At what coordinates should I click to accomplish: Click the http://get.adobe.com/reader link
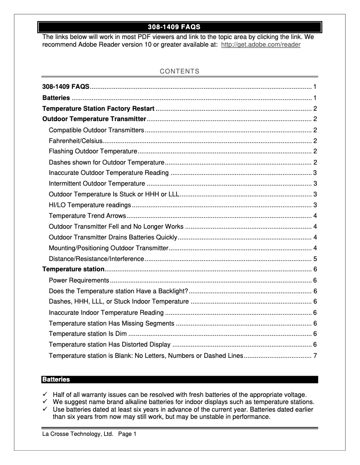[261, 45]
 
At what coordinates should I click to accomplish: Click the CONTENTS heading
[180, 71]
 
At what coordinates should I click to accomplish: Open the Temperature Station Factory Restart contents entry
[98, 109]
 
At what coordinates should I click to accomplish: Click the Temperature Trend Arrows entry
[88, 216]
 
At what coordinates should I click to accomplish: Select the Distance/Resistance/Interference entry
[97, 259]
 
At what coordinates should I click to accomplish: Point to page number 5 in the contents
[316, 259]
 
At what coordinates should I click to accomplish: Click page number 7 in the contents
[316, 356]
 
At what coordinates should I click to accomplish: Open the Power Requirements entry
[79, 281]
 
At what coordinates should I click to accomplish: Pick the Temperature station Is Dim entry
[88, 335]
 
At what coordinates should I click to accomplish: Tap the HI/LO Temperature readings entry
[90, 205]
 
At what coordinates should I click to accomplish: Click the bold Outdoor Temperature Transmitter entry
[94, 119]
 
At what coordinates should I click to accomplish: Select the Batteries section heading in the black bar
[56, 380]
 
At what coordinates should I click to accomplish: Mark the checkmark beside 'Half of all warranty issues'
[45, 395]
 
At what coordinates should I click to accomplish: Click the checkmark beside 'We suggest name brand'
[45, 402]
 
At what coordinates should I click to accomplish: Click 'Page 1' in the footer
[127, 434]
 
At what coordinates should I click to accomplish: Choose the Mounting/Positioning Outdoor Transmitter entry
[108, 248]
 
